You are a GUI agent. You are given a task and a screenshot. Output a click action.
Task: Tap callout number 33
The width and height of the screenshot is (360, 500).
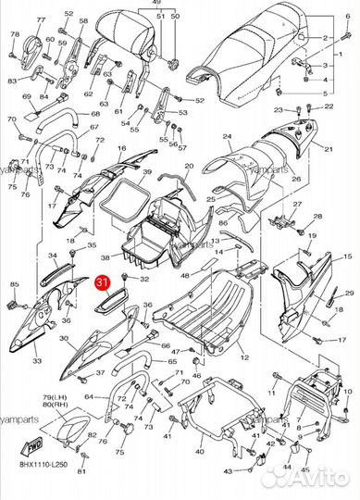(36, 361)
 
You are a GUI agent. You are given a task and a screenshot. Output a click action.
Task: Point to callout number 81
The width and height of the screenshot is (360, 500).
(81, 471)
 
